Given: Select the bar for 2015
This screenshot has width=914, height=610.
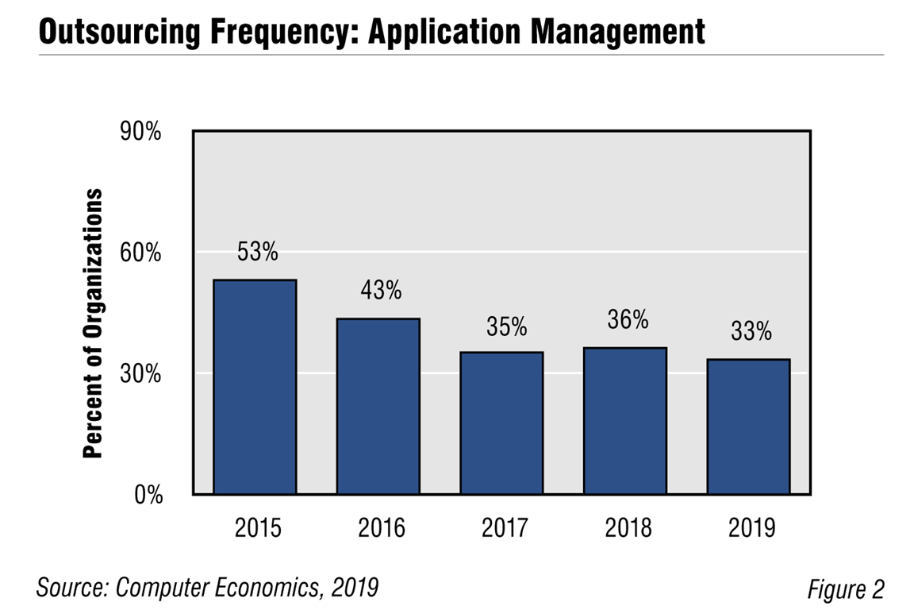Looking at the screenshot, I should coord(255,387).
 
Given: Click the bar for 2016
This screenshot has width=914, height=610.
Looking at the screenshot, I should coord(378,407).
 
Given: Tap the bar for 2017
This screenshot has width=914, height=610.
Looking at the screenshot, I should coord(501,423).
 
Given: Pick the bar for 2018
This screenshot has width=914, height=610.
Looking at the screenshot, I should coord(625,421).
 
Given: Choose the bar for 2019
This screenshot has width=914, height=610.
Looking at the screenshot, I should coord(748,427).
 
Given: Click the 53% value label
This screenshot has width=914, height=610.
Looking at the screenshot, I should coord(258,253).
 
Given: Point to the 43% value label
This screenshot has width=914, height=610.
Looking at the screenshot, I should coord(381,291).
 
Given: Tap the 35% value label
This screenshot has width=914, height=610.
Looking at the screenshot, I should coord(505,326).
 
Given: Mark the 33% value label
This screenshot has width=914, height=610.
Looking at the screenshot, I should coord(751,331).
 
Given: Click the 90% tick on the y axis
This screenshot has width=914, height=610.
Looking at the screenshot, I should coord(140,132).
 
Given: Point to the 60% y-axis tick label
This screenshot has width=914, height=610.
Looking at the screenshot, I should coord(140,253).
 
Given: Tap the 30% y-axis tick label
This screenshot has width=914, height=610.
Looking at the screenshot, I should coord(140,374).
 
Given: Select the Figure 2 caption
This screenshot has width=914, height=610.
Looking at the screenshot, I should coord(845,590).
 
